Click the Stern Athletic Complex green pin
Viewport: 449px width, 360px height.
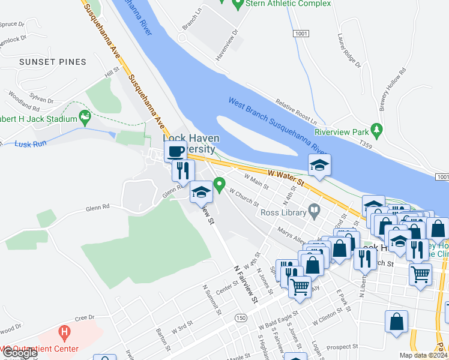[x=238, y=4]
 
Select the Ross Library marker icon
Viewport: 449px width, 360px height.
[x=314, y=211]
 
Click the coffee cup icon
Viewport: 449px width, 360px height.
[x=175, y=151]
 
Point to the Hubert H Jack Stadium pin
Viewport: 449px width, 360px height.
[x=85, y=118]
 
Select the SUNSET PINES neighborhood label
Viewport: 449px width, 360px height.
[x=52, y=62]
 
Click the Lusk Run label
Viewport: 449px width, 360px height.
[x=31, y=144]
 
